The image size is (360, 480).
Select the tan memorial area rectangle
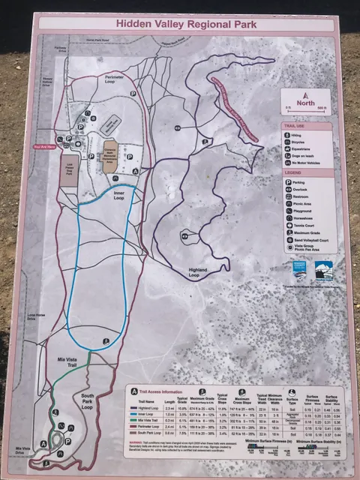click(110, 158)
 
